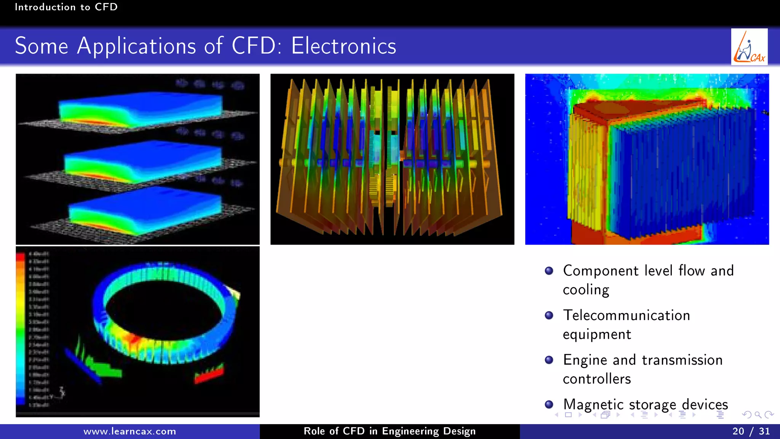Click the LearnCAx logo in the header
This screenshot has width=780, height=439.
[x=749, y=47]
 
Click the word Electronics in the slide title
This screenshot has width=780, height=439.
[x=344, y=46]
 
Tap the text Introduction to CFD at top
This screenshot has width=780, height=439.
[x=66, y=7]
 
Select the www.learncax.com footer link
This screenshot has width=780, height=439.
[x=129, y=431]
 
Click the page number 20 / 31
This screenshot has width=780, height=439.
[x=751, y=431]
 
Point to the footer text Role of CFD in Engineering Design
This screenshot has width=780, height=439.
[x=390, y=431]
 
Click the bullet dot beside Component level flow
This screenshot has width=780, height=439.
[x=549, y=271]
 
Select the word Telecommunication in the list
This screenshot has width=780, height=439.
[x=627, y=316]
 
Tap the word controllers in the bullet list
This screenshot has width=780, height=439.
[x=597, y=379]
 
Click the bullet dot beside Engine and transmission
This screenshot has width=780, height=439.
[x=549, y=360]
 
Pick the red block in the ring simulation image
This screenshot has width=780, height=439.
[x=209, y=374]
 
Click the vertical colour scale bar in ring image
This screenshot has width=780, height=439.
[x=21, y=328]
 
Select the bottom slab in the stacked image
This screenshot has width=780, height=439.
[x=145, y=211]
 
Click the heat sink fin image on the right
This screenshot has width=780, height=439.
[x=647, y=159]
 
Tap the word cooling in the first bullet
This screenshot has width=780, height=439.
[x=586, y=290]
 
